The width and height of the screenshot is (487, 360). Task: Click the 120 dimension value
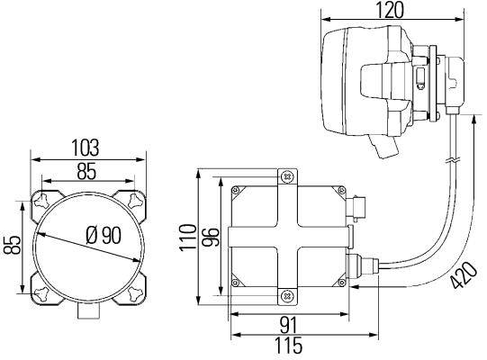click(x=390, y=9)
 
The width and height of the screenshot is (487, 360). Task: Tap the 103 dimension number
click(x=86, y=148)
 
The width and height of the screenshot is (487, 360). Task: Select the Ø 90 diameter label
click(x=104, y=235)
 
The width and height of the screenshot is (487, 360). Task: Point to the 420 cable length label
click(x=464, y=275)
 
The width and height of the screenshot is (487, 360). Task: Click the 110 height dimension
click(x=189, y=237)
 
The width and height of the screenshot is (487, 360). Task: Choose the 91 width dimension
click(x=289, y=325)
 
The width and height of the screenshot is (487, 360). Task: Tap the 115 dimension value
click(x=288, y=345)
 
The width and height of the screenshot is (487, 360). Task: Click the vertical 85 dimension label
click(x=12, y=246)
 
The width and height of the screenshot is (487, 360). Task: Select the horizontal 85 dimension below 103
click(x=86, y=172)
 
